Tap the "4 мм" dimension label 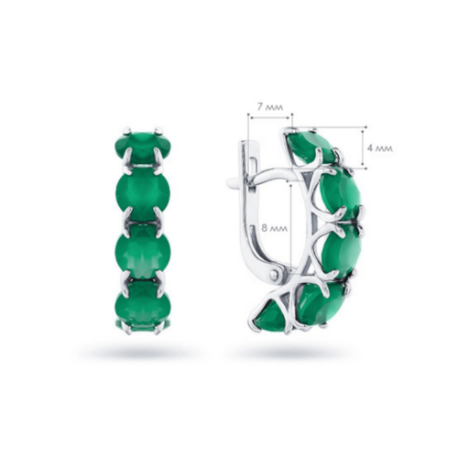click(x=380, y=148)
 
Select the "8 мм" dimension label click(x=275, y=228)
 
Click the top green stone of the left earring click(x=143, y=147)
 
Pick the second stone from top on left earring click(x=143, y=192)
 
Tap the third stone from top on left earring click(x=143, y=251)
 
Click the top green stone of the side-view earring click(x=311, y=147)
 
